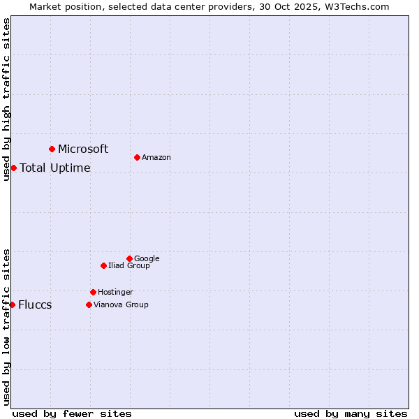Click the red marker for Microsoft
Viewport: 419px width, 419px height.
(52, 149)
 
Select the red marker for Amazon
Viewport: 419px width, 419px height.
(137, 157)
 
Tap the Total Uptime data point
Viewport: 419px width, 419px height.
(13, 168)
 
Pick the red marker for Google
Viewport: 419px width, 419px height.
(129, 258)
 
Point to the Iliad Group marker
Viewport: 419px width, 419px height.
(103, 265)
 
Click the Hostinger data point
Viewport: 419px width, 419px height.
(93, 292)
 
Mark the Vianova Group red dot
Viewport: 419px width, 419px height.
(89, 304)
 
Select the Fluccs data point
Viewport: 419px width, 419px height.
(12, 304)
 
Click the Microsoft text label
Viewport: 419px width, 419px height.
(83, 149)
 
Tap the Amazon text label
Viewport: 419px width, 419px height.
(156, 158)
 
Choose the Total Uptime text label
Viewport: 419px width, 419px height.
(55, 168)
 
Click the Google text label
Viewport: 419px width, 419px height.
(147, 259)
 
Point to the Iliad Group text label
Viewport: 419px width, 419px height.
(129, 266)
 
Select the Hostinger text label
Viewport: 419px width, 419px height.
(115, 293)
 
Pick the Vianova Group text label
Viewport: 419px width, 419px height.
(121, 305)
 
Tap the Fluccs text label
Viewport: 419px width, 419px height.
(35, 305)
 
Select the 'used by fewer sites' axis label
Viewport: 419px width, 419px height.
(72, 413)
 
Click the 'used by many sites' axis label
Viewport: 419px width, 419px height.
(351, 413)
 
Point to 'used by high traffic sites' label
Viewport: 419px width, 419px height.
(6, 99)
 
